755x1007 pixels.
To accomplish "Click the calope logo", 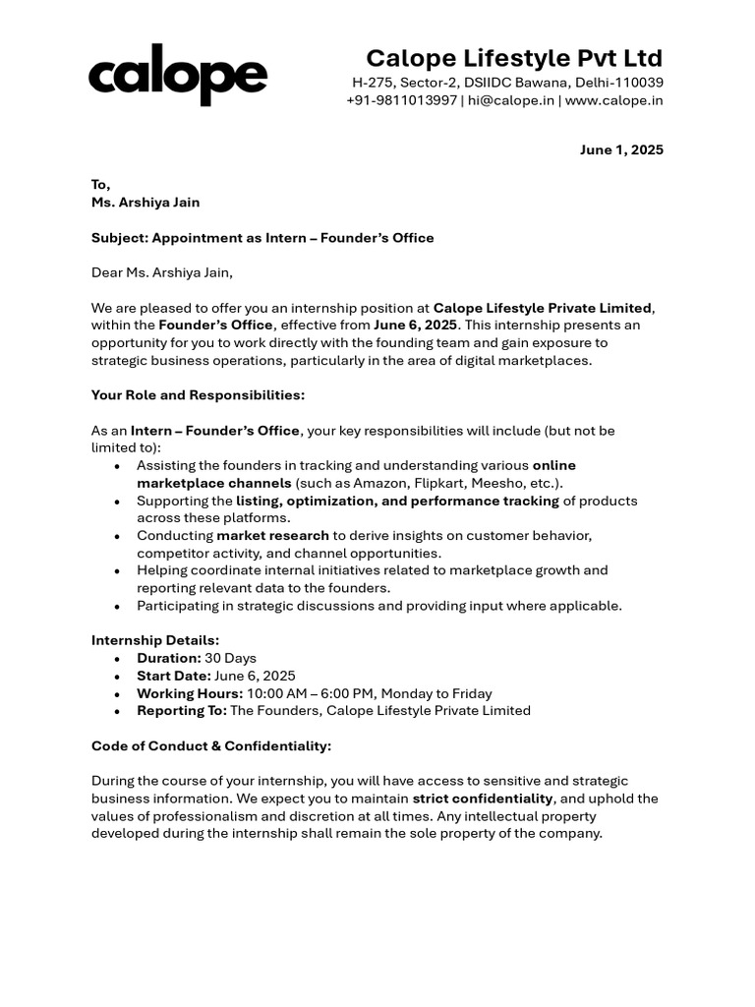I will point(177,79).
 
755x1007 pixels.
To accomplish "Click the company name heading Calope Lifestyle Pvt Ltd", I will point(514,57).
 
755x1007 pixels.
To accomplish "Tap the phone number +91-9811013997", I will point(401,100).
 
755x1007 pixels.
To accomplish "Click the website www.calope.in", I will point(614,100).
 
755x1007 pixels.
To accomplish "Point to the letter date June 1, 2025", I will point(621,150).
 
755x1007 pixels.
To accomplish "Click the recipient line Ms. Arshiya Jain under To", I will point(145,203).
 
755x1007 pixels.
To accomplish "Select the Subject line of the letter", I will point(262,238).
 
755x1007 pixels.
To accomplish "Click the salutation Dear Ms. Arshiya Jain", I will point(162,272).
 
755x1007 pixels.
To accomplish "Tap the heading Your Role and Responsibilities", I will point(198,395).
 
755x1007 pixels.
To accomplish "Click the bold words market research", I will point(272,536).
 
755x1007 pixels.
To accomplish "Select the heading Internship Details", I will point(155,640).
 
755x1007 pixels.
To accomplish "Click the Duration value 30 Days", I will point(230,658).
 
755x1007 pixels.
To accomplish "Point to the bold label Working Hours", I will point(190,693).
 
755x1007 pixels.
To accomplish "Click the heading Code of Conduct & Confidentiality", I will point(211,745).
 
